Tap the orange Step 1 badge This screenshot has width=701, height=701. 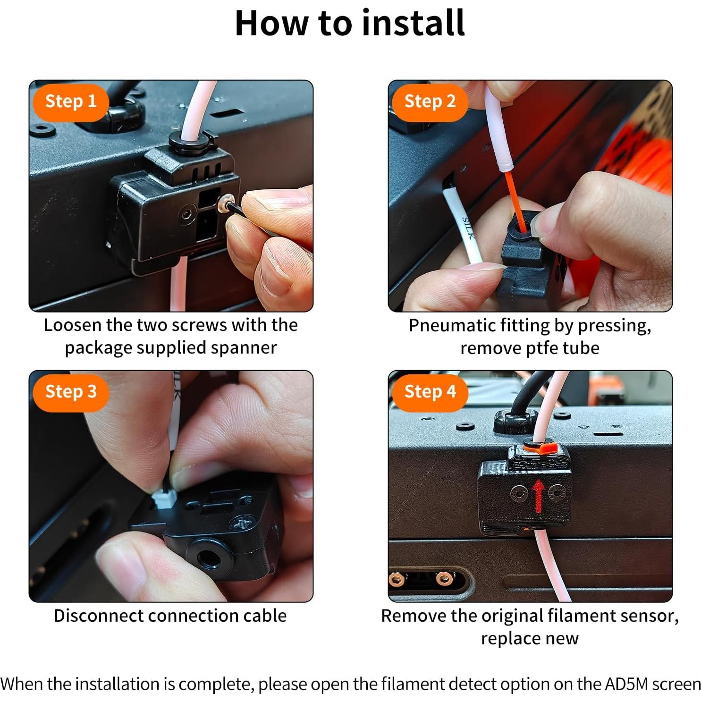(x=71, y=101)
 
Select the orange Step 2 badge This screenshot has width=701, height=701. (x=430, y=101)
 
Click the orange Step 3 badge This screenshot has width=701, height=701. (x=71, y=392)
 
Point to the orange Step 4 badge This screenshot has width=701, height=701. (x=430, y=392)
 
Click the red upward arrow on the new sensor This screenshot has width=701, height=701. (x=538, y=496)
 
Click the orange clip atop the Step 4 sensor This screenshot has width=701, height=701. (x=541, y=446)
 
